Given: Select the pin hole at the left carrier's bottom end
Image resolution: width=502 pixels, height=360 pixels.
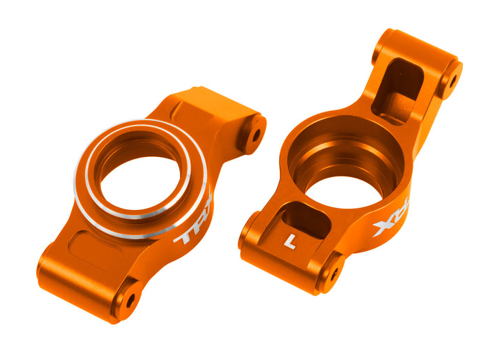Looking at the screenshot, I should click(130, 299).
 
